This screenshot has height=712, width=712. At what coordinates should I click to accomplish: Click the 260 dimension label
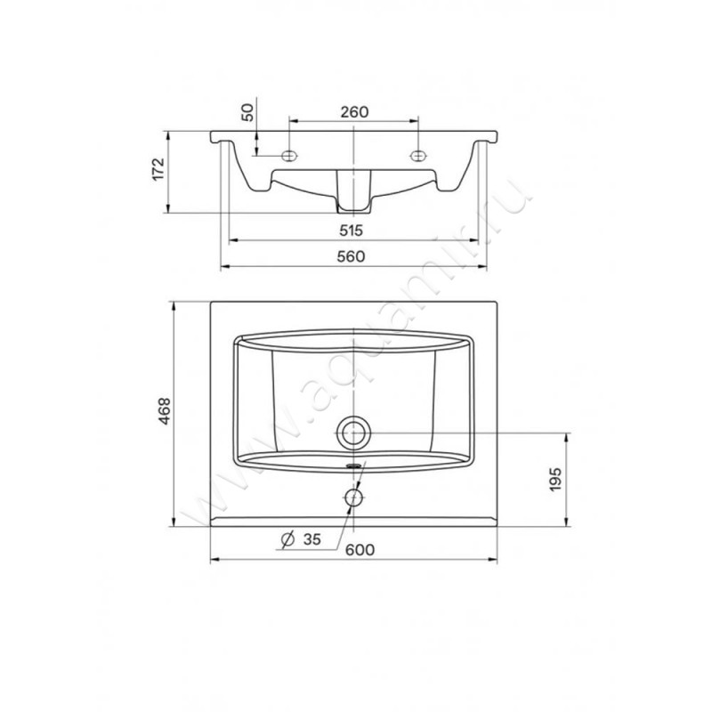354,112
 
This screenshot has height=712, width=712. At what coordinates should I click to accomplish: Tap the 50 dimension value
247,113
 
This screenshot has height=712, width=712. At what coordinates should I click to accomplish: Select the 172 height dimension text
158,169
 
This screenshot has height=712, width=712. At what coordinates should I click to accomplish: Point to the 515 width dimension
352,231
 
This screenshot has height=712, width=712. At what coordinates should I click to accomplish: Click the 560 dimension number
351,256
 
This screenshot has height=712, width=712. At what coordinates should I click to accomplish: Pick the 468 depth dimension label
164,411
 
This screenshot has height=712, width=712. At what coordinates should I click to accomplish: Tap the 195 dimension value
555,479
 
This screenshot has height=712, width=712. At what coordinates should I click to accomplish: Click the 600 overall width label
360,550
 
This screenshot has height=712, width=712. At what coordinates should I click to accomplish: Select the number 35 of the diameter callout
312,539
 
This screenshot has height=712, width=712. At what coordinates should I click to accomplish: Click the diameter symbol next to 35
287,539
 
